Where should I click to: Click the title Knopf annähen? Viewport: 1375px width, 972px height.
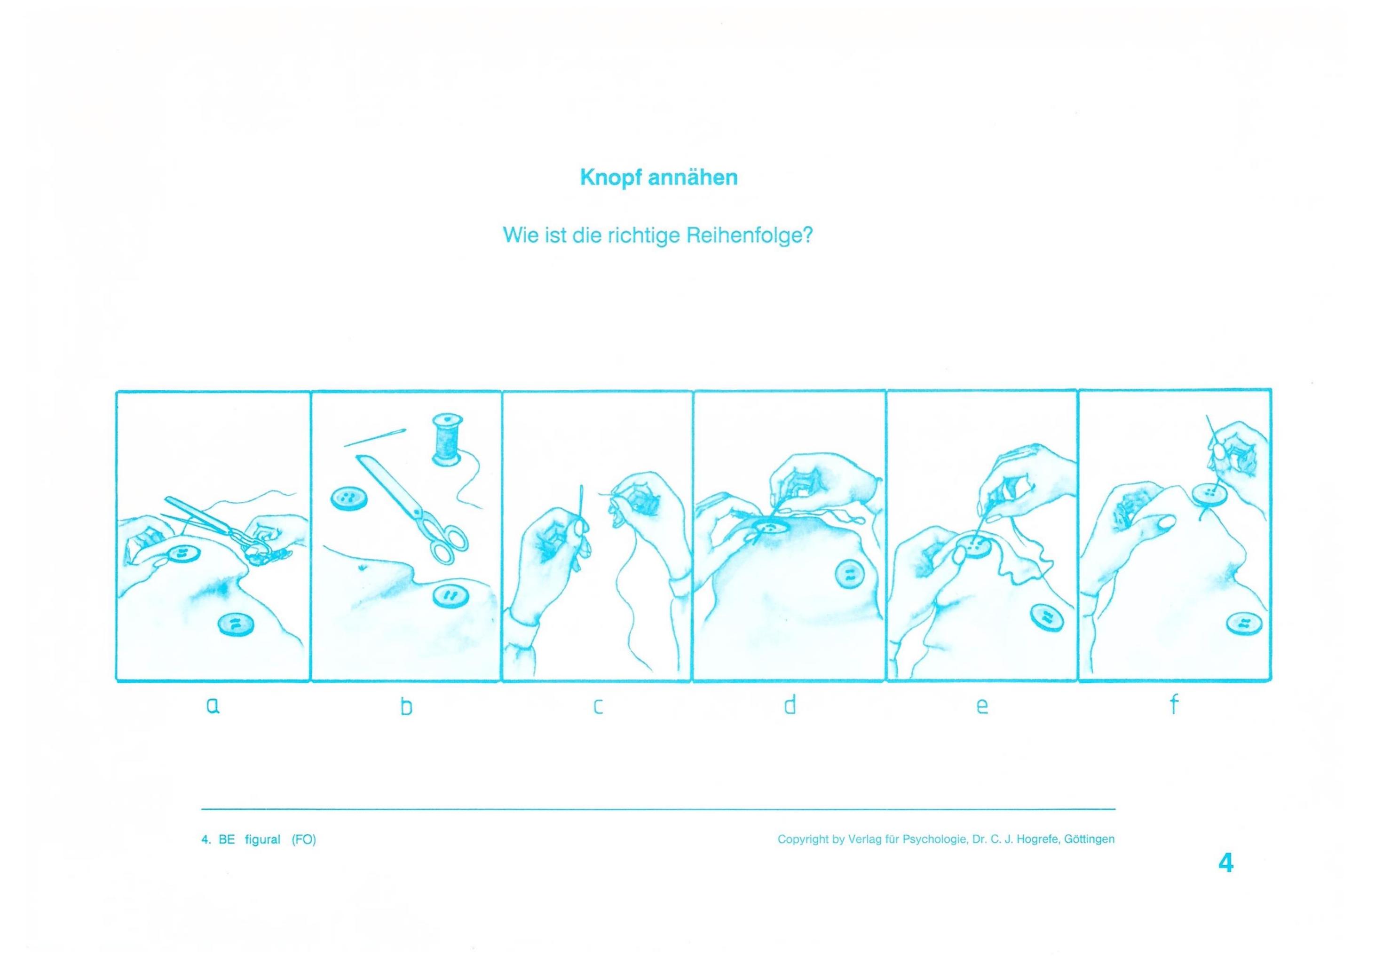pos(659,178)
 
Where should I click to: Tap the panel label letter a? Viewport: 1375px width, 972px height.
pos(213,707)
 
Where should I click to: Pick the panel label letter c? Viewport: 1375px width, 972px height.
pos(598,707)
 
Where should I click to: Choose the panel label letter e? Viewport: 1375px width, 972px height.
pos(981,707)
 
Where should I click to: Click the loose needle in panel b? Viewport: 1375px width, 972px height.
pos(375,437)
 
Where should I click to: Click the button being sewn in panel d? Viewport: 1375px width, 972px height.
pos(769,527)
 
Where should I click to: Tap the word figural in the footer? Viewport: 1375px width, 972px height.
pos(262,840)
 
